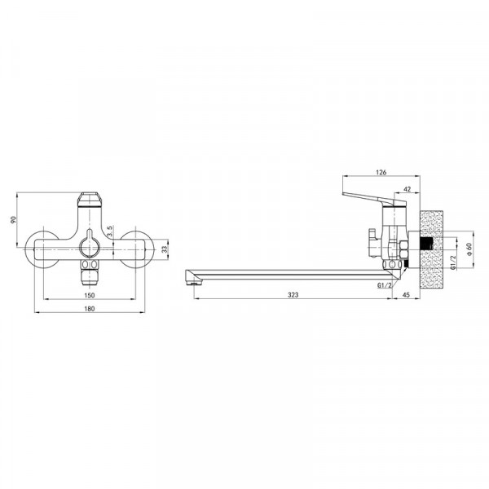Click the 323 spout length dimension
click(x=293, y=295)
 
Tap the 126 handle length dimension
click(x=381, y=172)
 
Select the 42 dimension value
click(x=407, y=189)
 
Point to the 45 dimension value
click(x=406, y=295)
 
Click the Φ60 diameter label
click(x=469, y=249)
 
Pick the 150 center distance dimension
click(x=89, y=295)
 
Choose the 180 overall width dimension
click(x=89, y=309)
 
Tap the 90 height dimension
click(x=13, y=219)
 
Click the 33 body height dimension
click(x=165, y=249)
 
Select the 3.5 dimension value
click(x=109, y=231)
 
